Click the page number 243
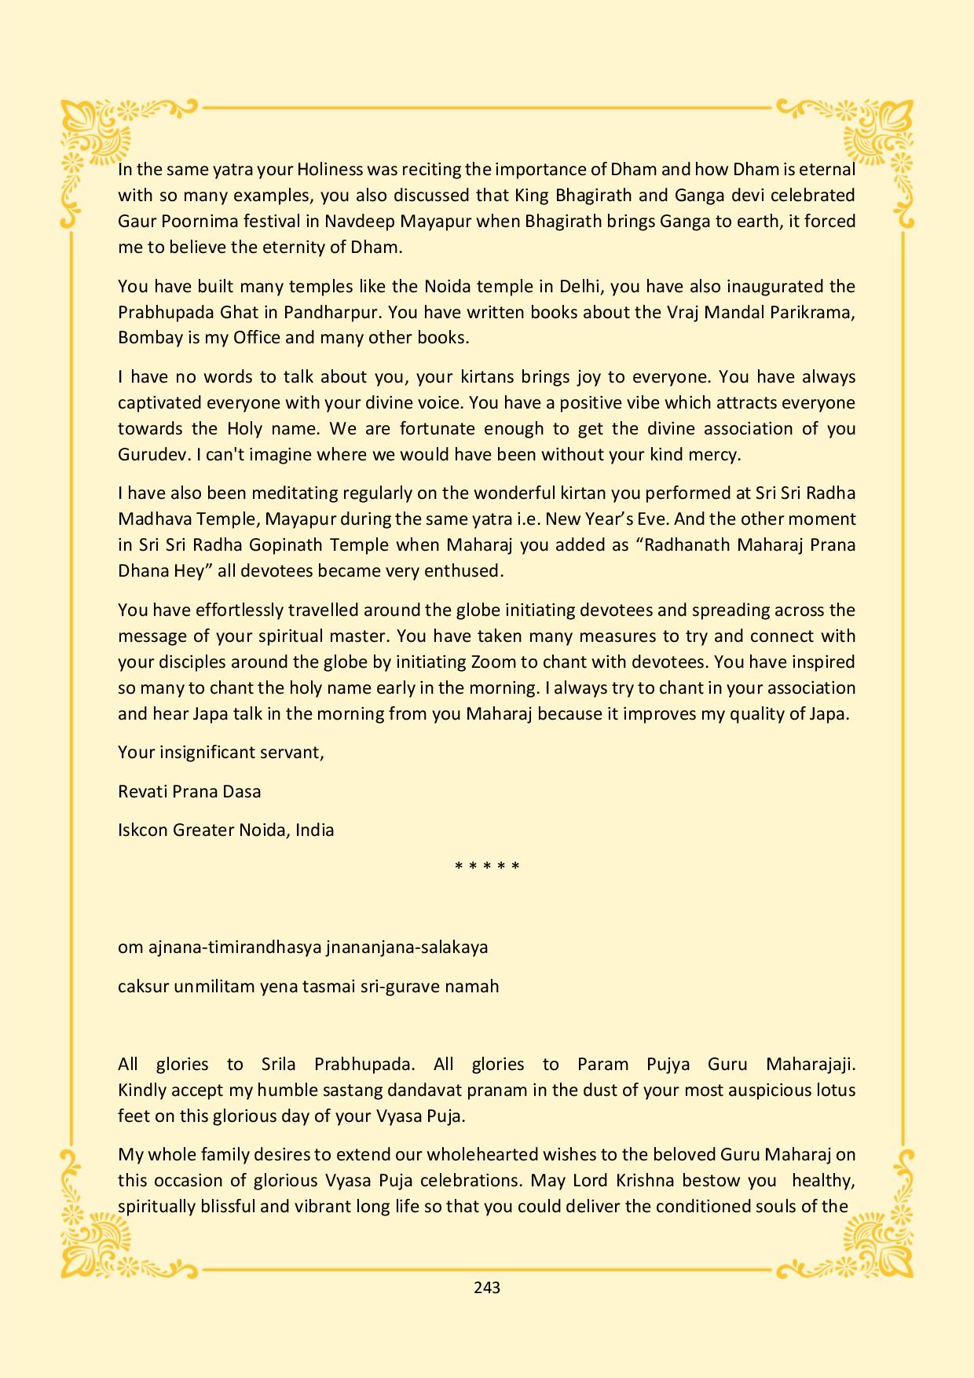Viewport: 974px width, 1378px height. point(487,1287)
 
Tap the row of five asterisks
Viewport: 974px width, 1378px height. point(487,867)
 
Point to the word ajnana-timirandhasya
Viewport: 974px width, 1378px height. point(235,947)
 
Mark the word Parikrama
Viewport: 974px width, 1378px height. point(815,312)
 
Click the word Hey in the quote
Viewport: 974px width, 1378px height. point(188,570)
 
